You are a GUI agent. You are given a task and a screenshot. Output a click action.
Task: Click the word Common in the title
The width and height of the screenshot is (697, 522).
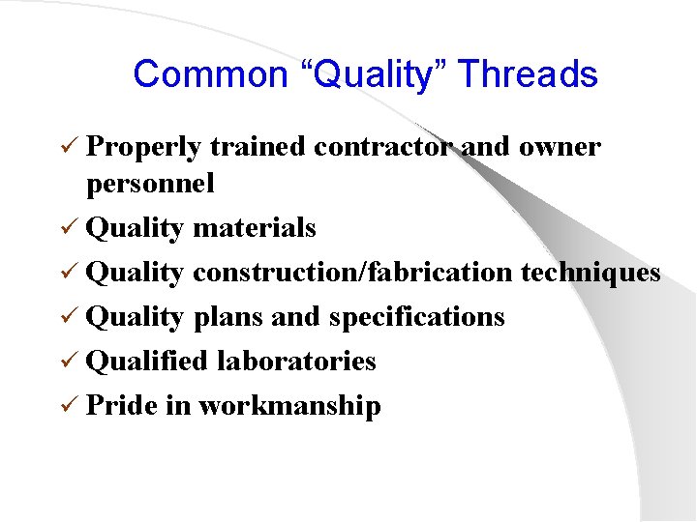click(197, 74)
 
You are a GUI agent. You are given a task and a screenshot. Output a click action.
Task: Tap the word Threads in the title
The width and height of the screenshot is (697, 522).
click(527, 74)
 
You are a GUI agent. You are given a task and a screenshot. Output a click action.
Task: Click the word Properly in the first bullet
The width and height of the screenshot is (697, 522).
click(143, 148)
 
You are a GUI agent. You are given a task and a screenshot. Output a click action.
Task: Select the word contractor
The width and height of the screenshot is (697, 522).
click(383, 147)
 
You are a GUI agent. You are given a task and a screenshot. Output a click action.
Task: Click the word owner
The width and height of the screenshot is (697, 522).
click(561, 147)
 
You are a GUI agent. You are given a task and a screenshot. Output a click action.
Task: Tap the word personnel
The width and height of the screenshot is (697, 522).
click(150, 184)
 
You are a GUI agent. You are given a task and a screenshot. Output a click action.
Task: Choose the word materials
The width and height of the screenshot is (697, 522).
click(255, 228)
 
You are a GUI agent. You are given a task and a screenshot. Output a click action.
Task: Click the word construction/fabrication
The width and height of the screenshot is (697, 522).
click(352, 273)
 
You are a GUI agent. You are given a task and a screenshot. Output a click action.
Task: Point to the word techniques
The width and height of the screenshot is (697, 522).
click(591, 273)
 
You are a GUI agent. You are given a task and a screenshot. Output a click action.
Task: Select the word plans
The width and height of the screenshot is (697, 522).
click(227, 317)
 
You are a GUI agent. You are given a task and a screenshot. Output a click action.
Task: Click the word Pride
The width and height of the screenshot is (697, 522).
click(122, 406)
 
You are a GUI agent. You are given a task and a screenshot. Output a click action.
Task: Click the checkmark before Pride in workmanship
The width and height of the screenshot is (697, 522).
click(70, 406)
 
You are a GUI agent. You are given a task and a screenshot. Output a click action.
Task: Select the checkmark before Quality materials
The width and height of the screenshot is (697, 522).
click(70, 228)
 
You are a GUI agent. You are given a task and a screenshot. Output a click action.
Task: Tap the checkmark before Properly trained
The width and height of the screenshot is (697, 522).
click(70, 148)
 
